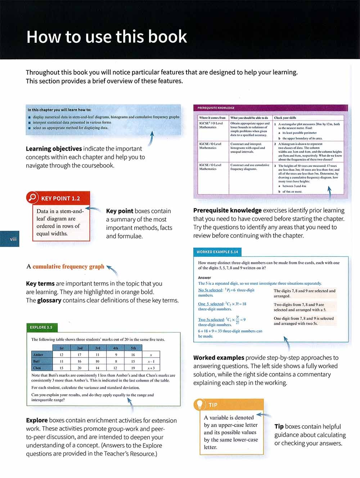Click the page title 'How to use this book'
click(x=107, y=37)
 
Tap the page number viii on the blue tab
click(x=13, y=239)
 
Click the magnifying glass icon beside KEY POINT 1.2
click(x=32, y=197)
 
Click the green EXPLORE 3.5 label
click(x=41, y=327)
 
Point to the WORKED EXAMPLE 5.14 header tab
click(x=217, y=252)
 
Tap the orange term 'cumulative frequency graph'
click(x=68, y=267)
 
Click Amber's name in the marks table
click(x=38, y=355)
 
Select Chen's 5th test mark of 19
click(x=133, y=368)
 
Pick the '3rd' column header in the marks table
click(x=98, y=348)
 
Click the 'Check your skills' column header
click(x=285, y=118)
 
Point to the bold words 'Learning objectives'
click(x=54, y=149)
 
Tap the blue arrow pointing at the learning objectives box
click(x=151, y=138)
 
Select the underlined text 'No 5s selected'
click(x=211, y=290)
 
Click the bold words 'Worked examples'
click(x=219, y=358)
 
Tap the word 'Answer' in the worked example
click(x=204, y=278)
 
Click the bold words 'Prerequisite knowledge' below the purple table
click(x=227, y=210)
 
